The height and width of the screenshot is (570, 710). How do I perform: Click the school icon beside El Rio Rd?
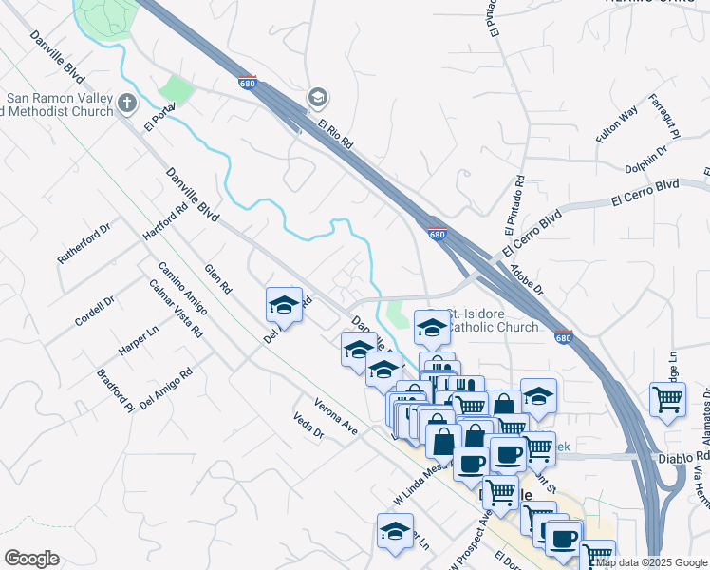[x=317, y=97]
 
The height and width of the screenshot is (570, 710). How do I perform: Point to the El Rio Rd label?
[x=336, y=135]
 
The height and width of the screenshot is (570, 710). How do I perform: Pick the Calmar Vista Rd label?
[x=176, y=309]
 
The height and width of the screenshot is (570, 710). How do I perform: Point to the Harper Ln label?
[x=139, y=340]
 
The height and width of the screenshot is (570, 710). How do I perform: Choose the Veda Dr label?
[x=309, y=428]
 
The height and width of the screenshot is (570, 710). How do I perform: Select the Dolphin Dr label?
[x=647, y=161]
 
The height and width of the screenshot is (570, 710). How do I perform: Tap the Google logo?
[x=31, y=559]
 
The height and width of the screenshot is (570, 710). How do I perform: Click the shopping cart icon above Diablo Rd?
[x=668, y=399]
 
